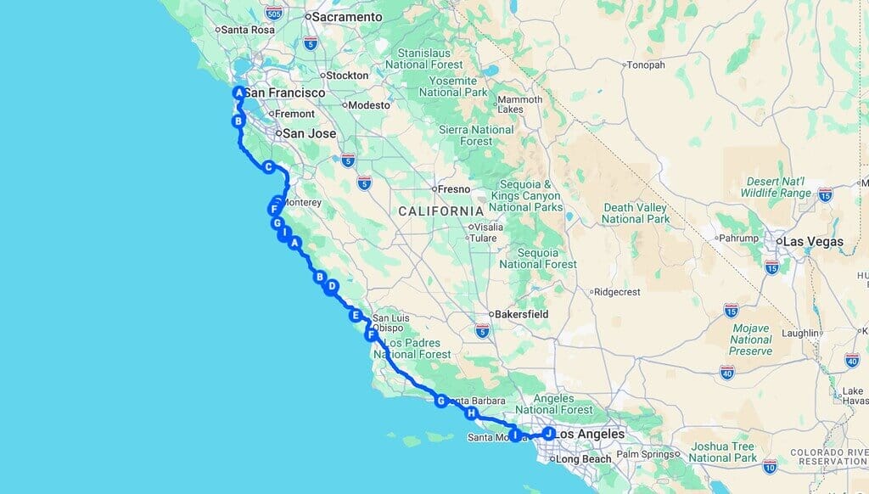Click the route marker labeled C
coord(268,167)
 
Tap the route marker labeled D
coord(332,287)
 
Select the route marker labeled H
coord(472,413)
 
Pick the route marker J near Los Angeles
coord(549,433)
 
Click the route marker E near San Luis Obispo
coord(356,316)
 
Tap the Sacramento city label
coord(348,17)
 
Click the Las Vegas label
coord(813,242)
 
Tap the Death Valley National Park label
coord(636,213)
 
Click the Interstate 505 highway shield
coord(273,13)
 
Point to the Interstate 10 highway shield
coord(770,465)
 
